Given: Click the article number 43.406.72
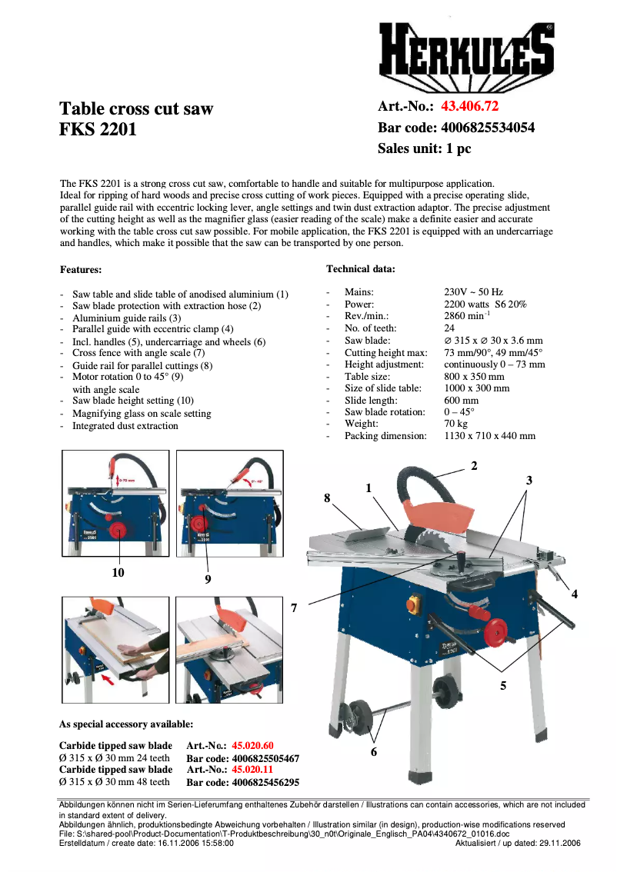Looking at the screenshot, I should (469, 107).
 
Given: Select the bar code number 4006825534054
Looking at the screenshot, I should (486, 128).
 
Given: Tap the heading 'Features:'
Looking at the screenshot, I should (81, 270).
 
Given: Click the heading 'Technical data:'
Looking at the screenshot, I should (361, 268).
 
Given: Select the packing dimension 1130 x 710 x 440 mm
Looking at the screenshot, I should (489, 436).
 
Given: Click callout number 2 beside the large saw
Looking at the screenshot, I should (474, 465).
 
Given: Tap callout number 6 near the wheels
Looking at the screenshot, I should (374, 752).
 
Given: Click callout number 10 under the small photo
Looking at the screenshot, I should (118, 572).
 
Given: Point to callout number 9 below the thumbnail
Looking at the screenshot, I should (208, 579).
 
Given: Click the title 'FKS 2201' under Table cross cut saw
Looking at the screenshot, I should (98, 129).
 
